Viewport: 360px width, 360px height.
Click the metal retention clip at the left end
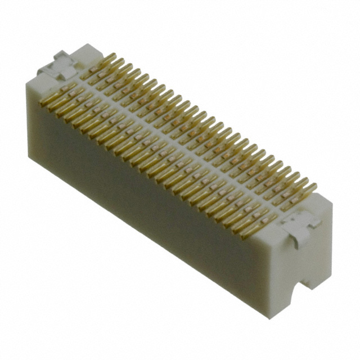[x=58, y=65]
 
